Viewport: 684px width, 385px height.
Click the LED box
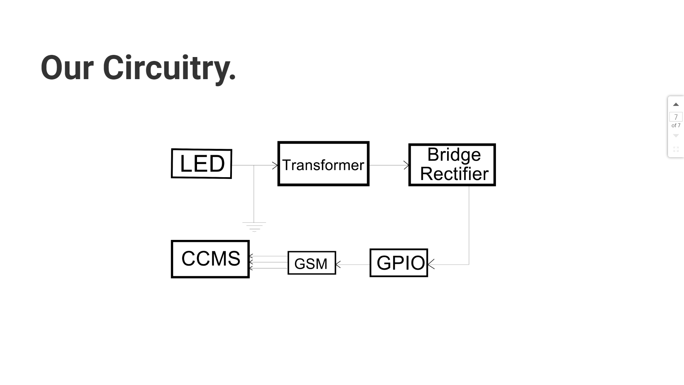pyautogui.click(x=202, y=164)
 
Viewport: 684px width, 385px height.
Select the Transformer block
pyautogui.click(x=323, y=164)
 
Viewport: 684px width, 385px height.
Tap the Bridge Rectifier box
pyautogui.click(x=452, y=165)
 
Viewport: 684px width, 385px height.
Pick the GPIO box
pyautogui.click(x=399, y=263)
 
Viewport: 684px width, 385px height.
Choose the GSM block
pyautogui.click(x=312, y=263)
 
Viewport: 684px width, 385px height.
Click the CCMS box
pyautogui.click(x=210, y=259)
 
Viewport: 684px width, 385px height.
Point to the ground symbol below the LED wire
pyautogui.click(x=254, y=226)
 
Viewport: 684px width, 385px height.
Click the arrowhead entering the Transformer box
pyautogui.click(x=275, y=165)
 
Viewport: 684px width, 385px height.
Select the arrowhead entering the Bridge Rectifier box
pyautogui.click(x=406, y=165)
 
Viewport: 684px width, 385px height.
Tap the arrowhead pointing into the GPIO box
pyautogui.click(x=431, y=265)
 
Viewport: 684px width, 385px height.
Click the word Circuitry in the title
pyautogui.click(x=169, y=68)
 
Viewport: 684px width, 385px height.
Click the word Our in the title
pyautogui.click(x=67, y=68)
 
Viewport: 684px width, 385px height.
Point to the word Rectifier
pyautogui.click(x=454, y=174)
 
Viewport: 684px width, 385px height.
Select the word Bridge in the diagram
pyautogui.click(x=454, y=155)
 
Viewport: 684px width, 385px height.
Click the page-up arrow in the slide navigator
pyautogui.click(x=676, y=104)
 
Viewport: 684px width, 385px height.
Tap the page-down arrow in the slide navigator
pyautogui.click(x=676, y=136)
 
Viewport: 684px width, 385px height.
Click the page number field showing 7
pyautogui.click(x=676, y=117)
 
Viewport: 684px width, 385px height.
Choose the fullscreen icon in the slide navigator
pyautogui.click(x=676, y=149)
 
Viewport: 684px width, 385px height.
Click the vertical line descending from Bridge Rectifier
pyautogui.click(x=469, y=225)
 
